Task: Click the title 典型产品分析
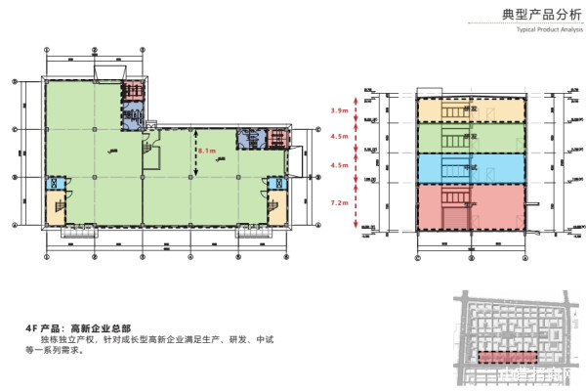536,15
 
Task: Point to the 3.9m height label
340,111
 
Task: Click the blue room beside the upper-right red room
249,139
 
